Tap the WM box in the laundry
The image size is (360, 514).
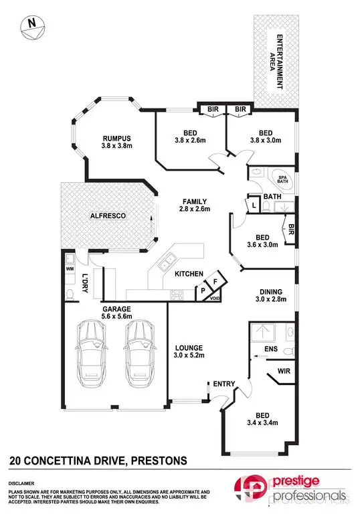70,269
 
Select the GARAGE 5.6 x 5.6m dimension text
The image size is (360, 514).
115,314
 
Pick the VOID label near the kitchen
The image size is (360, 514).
215,298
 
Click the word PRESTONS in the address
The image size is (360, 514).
160,460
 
